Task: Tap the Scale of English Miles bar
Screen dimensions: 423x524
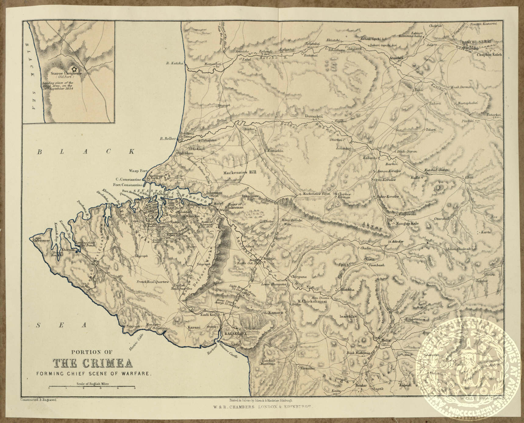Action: (92, 387)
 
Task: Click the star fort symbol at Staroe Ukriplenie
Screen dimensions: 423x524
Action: (73, 69)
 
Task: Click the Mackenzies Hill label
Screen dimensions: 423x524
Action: (241, 172)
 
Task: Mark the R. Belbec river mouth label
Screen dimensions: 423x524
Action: (168, 139)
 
